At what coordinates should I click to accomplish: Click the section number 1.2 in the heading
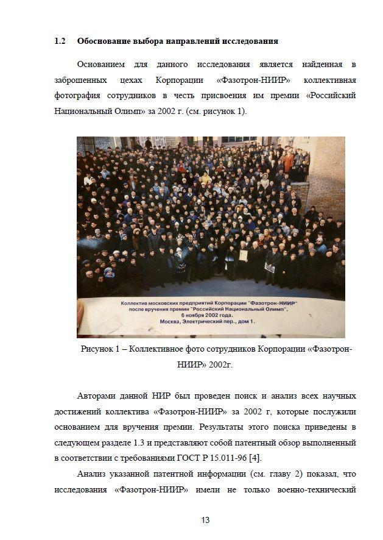(60, 41)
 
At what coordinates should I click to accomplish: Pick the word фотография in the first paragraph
(77, 96)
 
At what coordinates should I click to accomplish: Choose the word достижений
(77, 411)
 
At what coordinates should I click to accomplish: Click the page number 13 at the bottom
(205, 520)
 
